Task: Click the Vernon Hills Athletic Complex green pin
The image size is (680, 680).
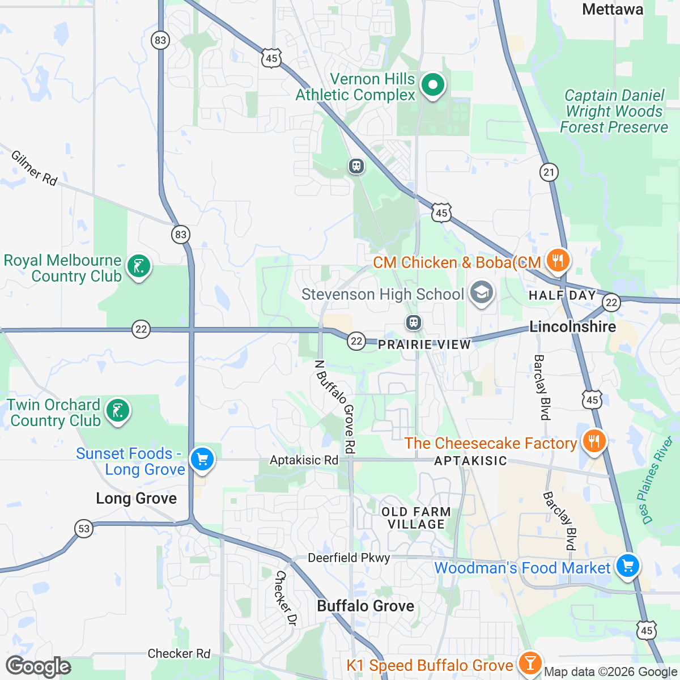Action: (433, 86)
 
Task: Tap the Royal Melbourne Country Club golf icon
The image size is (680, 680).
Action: (138, 266)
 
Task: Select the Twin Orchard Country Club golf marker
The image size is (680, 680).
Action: (117, 410)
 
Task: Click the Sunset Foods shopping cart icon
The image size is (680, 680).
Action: (202, 459)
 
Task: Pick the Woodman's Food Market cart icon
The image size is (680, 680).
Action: (627, 566)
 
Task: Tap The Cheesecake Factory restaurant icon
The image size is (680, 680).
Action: (593, 441)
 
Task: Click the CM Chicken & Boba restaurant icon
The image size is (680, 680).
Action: (558, 261)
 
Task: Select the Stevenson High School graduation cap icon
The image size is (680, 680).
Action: (481, 293)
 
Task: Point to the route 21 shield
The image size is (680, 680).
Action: (549, 172)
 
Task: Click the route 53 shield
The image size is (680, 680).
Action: (84, 529)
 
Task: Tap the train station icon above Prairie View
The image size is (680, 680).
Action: (414, 323)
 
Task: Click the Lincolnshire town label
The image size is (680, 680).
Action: (572, 327)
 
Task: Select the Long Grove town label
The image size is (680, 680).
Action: (136, 499)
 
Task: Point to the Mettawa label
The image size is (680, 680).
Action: (613, 10)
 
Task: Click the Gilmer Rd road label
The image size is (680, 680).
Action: (35, 168)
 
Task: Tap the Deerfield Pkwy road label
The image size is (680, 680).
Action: (348, 558)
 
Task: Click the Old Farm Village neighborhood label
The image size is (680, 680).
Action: (416, 518)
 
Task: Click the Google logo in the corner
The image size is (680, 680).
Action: (38, 666)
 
